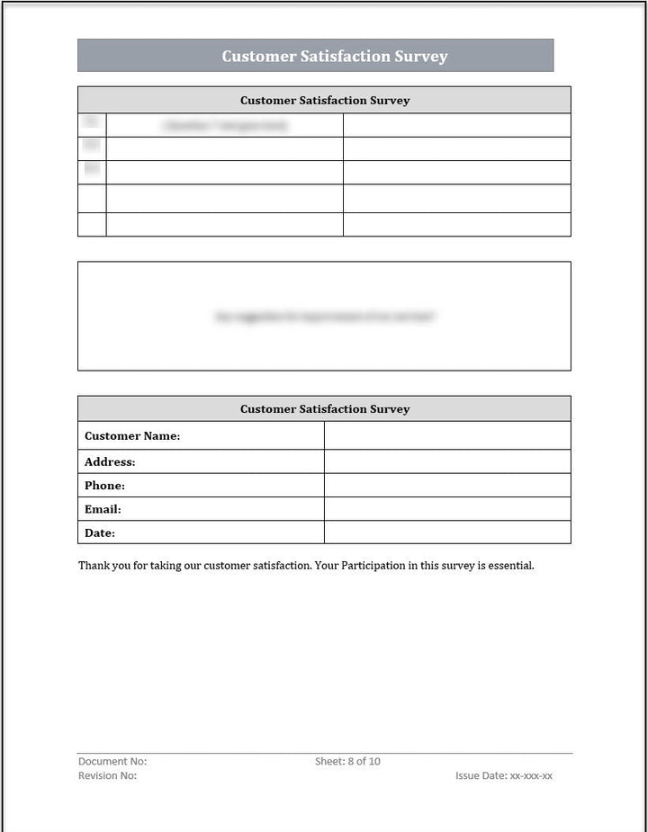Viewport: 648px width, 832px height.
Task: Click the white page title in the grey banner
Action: pyautogui.click(x=334, y=56)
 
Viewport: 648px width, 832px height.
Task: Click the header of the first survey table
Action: pyautogui.click(x=324, y=101)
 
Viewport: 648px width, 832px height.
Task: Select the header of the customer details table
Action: pyautogui.click(x=324, y=409)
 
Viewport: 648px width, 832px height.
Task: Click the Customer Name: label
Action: pyautogui.click(x=132, y=436)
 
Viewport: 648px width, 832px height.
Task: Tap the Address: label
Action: pyautogui.click(x=110, y=462)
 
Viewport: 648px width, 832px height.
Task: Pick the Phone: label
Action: pyautogui.click(x=104, y=486)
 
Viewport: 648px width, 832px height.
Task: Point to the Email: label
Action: pyautogui.click(x=103, y=509)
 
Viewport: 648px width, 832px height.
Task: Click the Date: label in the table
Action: pyautogui.click(x=100, y=533)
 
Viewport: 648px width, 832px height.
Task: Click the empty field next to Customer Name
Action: pyautogui.click(x=447, y=436)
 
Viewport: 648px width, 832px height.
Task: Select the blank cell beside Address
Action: pyautogui.click(x=447, y=462)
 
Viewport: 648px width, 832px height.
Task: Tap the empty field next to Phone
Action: pyautogui.click(x=447, y=486)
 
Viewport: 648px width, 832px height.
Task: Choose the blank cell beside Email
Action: pyautogui.click(x=447, y=509)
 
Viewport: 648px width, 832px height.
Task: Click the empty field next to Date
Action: pyautogui.click(x=447, y=532)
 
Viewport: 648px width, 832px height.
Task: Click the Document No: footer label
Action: pyautogui.click(x=112, y=762)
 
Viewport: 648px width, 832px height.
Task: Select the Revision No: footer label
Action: pyautogui.click(x=108, y=775)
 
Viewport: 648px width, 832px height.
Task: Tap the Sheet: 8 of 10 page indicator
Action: pyautogui.click(x=347, y=762)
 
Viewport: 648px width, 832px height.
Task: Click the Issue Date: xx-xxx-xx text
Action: pyautogui.click(x=504, y=775)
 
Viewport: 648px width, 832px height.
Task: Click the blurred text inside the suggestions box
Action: pyautogui.click(x=324, y=317)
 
